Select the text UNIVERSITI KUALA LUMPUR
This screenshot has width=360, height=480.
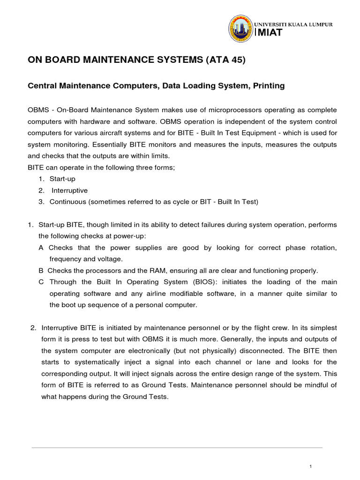pos(293,24)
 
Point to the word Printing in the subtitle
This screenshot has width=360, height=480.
pos(268,86)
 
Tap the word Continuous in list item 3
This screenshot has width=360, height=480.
pos(66,202)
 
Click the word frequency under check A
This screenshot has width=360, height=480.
pos(66,259)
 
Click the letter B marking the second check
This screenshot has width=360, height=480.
pos(41,270)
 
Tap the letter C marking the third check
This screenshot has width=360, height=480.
pos(41,282)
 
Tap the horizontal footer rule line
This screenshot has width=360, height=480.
pos(177,448)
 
